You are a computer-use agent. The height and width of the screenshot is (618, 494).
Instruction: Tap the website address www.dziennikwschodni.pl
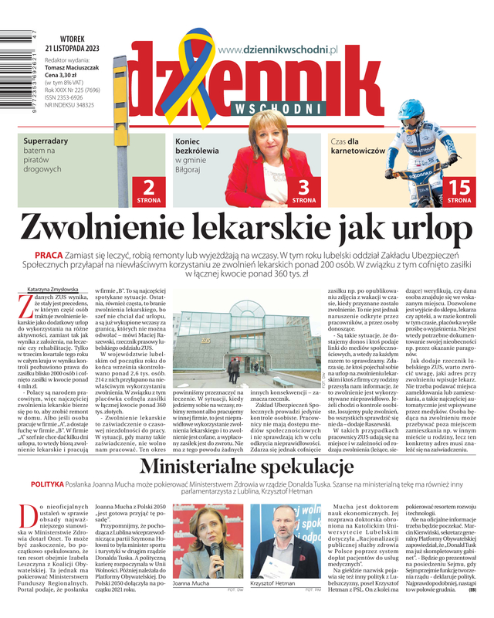(279, 49)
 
